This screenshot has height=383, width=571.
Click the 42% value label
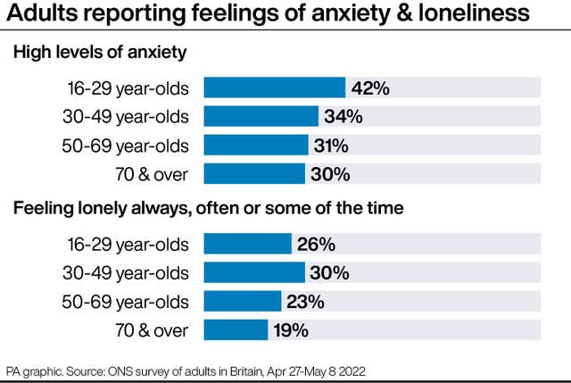coord(369,87)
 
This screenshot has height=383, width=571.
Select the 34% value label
coord(343,116)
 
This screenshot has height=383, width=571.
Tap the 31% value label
coord(330,145)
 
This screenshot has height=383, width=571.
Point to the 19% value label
coord(290,330)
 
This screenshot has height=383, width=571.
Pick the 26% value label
coord(316,244)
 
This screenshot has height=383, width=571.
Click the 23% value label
coord(306,301)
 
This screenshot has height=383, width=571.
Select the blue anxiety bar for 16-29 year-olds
coord(275,87)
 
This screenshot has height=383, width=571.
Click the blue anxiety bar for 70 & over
coord(254,173)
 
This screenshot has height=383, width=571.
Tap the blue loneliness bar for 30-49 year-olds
coord(254,272)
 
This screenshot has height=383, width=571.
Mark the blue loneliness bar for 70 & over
coord(236,330)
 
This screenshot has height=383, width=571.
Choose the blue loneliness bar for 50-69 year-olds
coord(243,301)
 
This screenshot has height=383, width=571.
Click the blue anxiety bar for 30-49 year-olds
coord(261,116)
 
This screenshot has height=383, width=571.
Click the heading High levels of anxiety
coord(99,54)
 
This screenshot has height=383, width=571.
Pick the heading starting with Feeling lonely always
coord(208,209)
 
